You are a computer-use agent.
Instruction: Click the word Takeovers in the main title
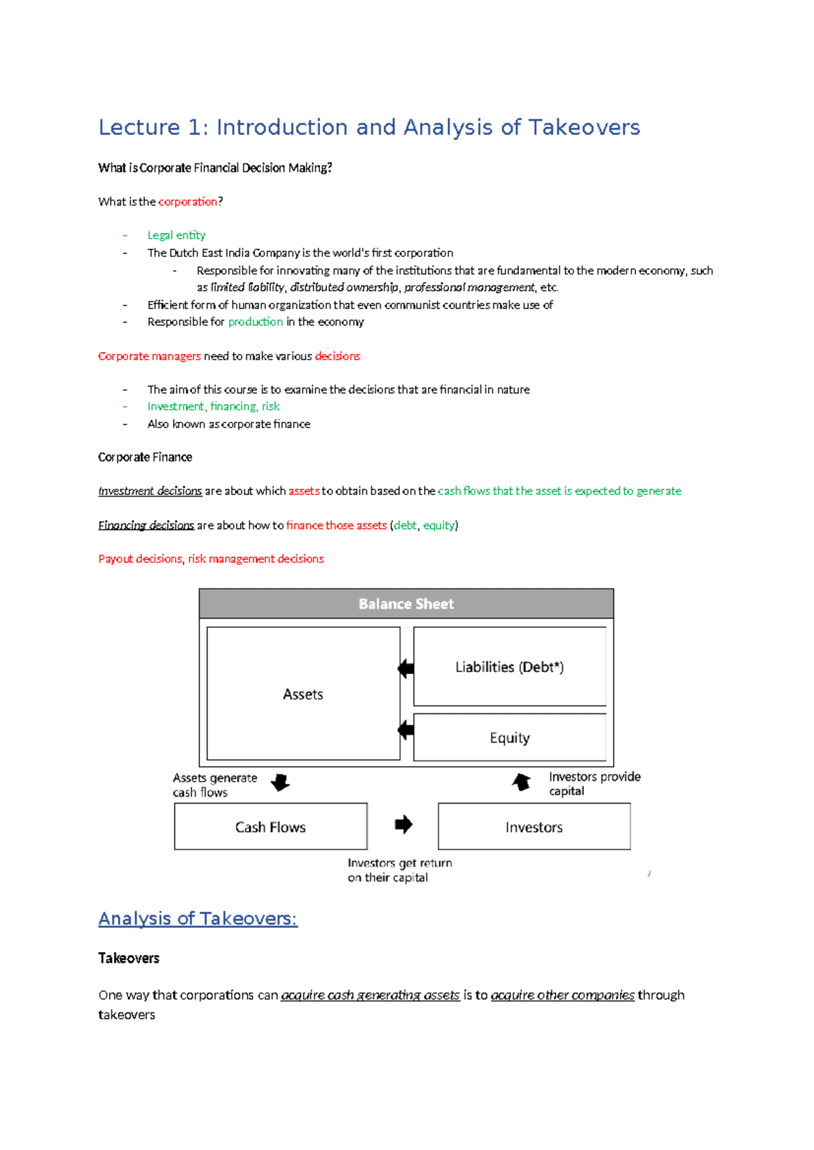click(x=583, y=127)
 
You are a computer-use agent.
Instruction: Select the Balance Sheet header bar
click(x=406, y=603)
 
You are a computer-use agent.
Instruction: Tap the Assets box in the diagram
click(x=303, y=694)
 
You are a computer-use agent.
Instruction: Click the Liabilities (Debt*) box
click(x=509, y=667)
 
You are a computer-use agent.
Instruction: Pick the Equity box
click(x=509, y=738)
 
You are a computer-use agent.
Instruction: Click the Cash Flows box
click(x=270, y=827)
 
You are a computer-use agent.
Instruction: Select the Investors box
click(x=534, y=827)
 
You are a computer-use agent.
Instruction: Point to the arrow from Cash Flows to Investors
click(x=404, y=825)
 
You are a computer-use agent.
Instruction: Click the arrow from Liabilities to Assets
click(x=406, y=669)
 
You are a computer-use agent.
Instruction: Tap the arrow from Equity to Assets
click(x=406, y=730)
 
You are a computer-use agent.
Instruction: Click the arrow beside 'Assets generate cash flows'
click(x=280, y=782)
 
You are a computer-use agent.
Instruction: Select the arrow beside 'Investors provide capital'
click(x=521, y=782)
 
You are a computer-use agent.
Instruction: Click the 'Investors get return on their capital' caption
click(x=399, y=870)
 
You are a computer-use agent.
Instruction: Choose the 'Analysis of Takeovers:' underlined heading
click(x=197, y=919)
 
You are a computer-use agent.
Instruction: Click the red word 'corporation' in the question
click(x=187, y=201)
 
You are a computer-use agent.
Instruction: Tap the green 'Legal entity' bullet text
click(x=176, y=235)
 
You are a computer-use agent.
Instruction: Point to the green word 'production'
click(x=255, y=322)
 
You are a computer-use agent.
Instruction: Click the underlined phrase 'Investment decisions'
click(x=150, y=491)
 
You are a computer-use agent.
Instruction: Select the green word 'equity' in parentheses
click(x=438, y=526)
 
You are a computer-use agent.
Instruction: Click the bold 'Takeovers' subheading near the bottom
click(x=129, y=958)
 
